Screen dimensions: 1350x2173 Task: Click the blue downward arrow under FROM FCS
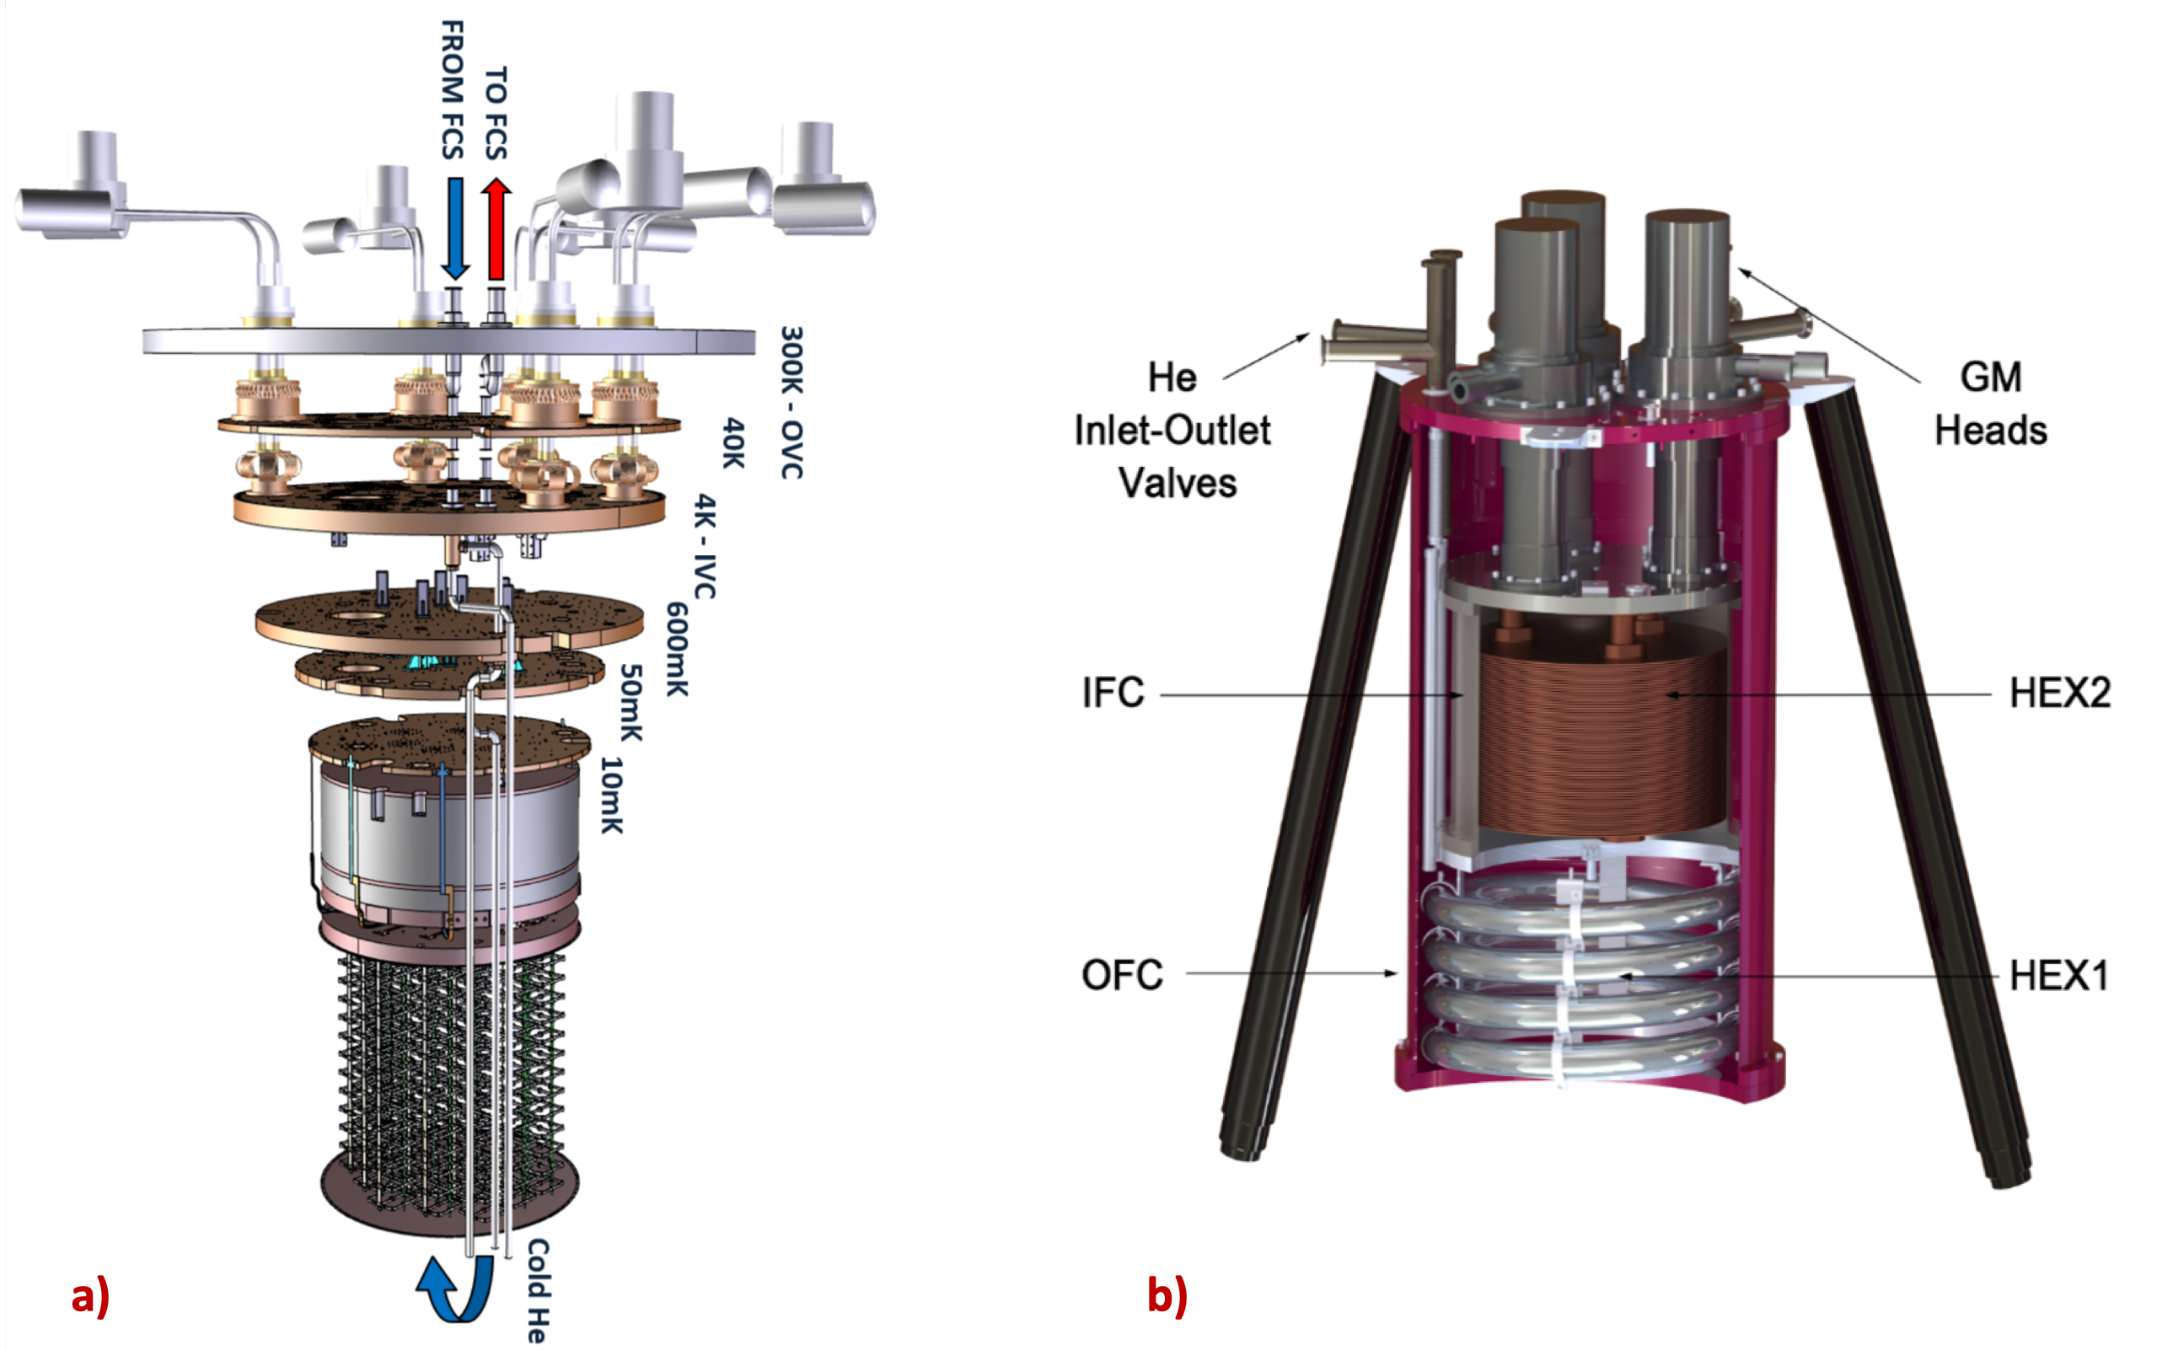[x=454, y=228]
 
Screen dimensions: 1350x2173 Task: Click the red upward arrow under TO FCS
[x=496, y=228]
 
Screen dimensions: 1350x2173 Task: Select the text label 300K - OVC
[x=791, y=402]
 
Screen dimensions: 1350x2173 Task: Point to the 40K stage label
[x=732, y=442]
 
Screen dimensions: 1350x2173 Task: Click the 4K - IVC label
[x=706, y=544]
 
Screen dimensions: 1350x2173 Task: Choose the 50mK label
[x=630, y=702]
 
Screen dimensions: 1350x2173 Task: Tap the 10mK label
[x=611, y=795]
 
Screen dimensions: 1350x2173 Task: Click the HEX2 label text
[x=2059, y=693]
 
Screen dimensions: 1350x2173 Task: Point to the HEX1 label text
[x=2058, y=975]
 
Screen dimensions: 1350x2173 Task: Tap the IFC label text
[x=1113, y=693]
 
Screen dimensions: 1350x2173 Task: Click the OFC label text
[x=1122, y=975]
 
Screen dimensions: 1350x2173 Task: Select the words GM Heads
[x=1991, y=404]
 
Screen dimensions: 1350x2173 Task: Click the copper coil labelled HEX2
[x=1599, y=741]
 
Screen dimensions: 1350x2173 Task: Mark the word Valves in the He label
[x=1178, y=483]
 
